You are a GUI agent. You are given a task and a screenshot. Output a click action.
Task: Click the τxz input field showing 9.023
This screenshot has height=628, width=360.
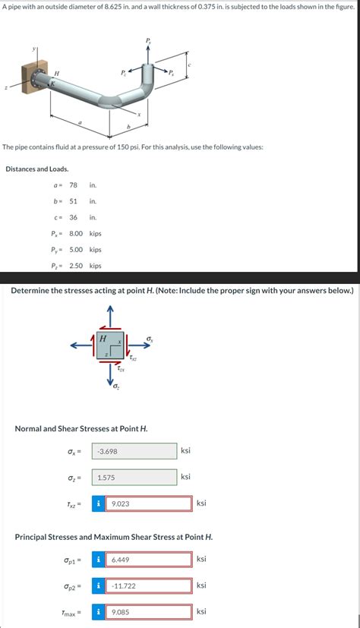click(x=148, y=503)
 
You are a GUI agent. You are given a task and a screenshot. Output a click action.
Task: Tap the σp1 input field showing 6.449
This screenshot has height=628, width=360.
click(x=148, y=560)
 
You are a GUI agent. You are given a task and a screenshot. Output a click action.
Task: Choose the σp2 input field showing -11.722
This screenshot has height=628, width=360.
click(x=148, y=586)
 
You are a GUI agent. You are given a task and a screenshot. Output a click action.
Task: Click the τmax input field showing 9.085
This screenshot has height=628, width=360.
click(x=148, y=612)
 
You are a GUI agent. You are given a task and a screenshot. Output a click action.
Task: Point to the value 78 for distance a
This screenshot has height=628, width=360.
click(x=74, y=185)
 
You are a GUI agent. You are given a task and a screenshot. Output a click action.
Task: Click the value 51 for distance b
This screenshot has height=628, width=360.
click(x=74, y=201)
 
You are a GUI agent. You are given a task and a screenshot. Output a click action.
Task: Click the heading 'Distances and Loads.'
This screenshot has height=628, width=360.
click(x=36, y=169)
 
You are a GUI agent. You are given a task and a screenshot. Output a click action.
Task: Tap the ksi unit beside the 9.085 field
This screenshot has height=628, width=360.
click(x=201, y=612)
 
